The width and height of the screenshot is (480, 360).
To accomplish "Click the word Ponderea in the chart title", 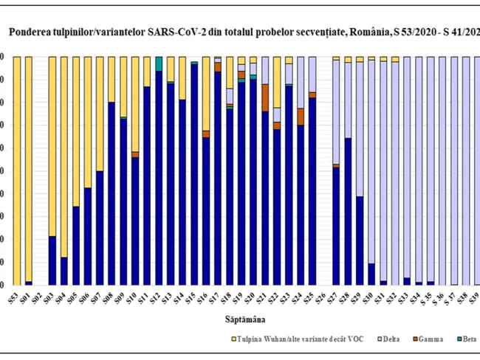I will (x=30, y=32).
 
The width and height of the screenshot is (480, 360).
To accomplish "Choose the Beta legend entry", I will (x=470, y=339).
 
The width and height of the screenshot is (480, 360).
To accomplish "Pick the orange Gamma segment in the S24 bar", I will (x=301, y=117).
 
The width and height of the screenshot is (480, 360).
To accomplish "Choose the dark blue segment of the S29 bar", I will (x=360, y=240).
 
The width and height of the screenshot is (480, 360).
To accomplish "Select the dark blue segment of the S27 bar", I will (x=336, y=226).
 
